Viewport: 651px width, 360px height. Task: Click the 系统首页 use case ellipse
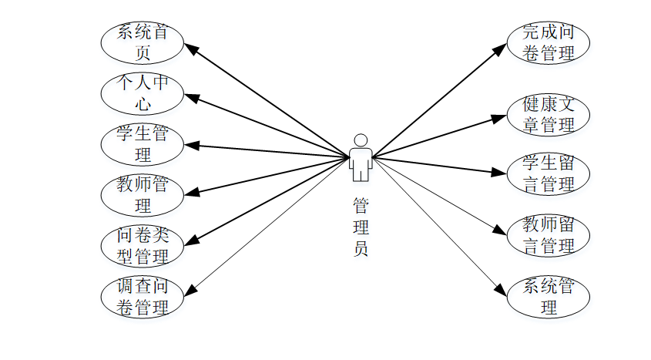pos(143,43)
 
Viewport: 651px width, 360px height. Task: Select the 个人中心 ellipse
pos(143,93)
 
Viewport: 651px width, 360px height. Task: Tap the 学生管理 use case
pos(143,144)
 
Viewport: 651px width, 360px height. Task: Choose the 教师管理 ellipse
pos(143,195)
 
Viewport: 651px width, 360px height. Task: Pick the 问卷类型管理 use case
pos(143,245)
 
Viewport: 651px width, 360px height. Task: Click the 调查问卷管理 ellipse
pos(143,297)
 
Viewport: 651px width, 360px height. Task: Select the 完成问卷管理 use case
pos(549,43)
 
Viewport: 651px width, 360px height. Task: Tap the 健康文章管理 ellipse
pos(549,113)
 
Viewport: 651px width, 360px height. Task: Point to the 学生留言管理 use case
pos(549,174)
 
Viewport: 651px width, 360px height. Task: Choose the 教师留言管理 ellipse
pos(549,235)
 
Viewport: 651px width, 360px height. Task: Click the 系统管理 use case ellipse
pos(549,298)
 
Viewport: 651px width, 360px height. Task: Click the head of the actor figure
pos(360,140)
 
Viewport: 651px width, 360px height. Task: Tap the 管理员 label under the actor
pos(360,227)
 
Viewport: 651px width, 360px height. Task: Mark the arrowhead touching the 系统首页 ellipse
pos(193,48)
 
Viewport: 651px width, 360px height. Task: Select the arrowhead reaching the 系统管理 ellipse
pos(502,291)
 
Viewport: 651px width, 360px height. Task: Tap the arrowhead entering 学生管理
pos(190,144)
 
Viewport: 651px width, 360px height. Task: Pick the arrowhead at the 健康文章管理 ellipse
pos(502,117)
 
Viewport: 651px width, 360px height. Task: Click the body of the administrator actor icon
pos(360,163)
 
